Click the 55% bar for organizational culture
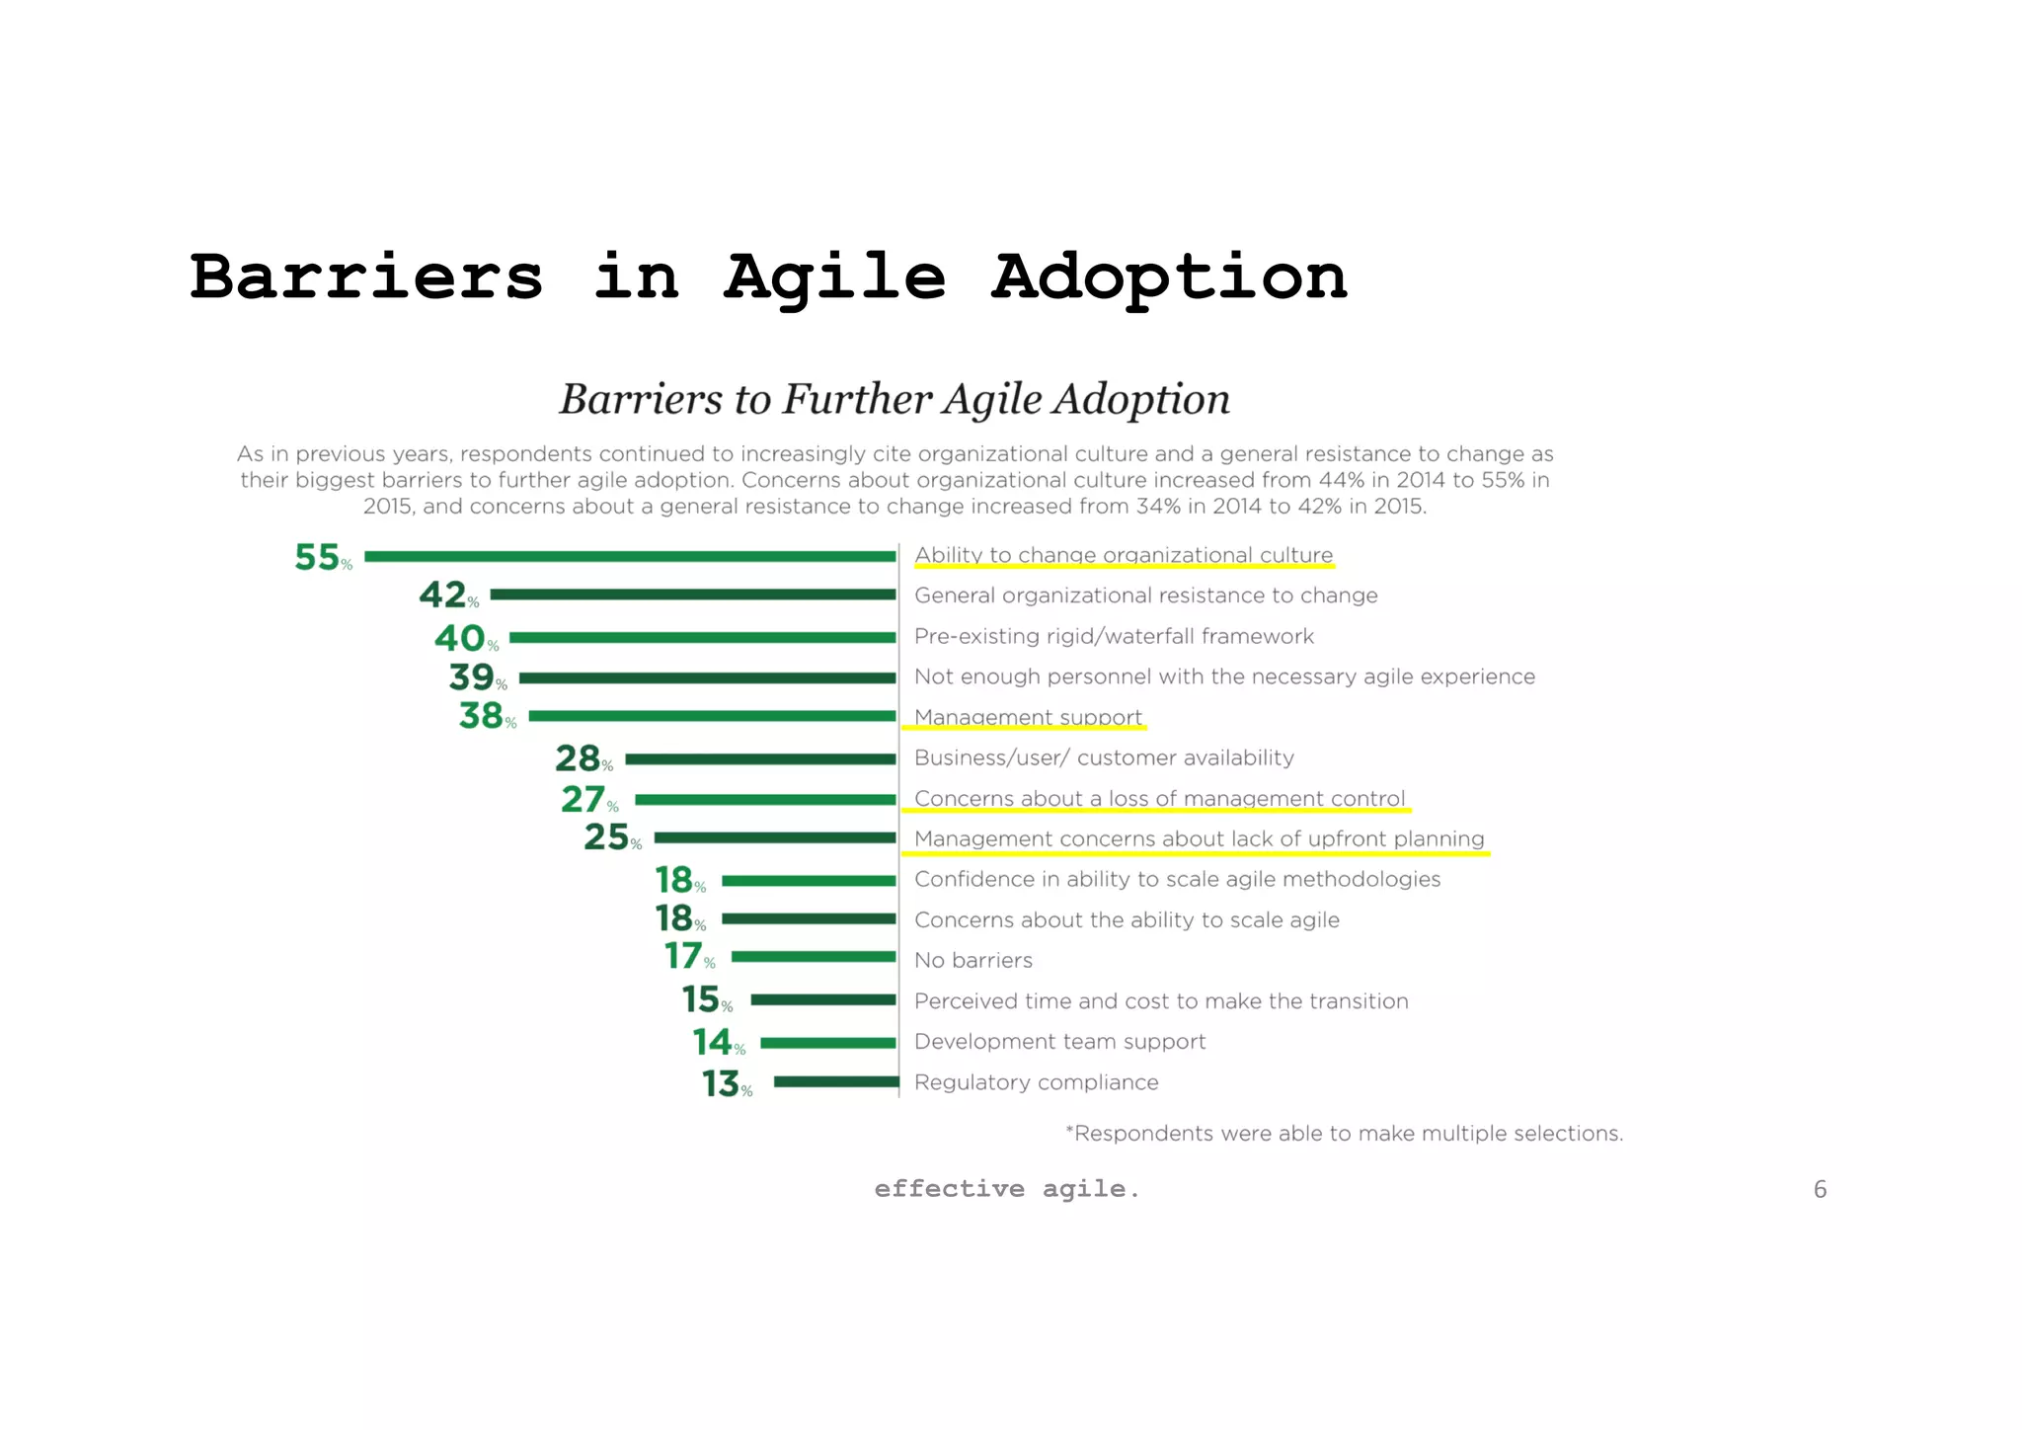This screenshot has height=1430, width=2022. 630,557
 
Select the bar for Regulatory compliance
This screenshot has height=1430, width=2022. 835,1082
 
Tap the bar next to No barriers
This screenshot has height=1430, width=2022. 813,957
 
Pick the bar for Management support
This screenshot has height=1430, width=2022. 712,716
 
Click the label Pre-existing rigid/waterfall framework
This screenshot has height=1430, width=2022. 1114,636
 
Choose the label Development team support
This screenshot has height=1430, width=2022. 1059,1042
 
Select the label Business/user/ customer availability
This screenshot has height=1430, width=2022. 1104,757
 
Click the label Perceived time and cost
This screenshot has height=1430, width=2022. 1161,1001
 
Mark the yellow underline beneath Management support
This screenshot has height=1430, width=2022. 1024,728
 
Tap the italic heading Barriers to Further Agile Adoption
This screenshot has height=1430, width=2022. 894,399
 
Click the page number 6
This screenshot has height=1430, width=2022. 1820,1189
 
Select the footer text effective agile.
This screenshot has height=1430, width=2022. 1006,1189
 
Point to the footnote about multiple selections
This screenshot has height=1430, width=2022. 1344,1134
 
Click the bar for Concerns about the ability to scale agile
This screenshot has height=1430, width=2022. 808,918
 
